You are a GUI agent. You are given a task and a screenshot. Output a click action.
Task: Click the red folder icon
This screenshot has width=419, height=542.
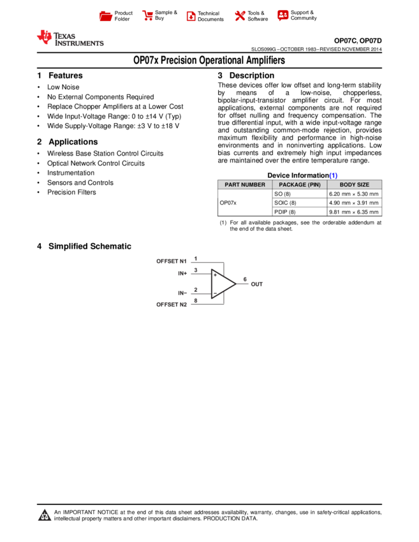point(106,16)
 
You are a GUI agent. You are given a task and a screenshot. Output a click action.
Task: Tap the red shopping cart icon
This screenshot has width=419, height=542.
point(148,16)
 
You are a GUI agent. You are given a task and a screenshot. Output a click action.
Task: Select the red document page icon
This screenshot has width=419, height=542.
point(191,16)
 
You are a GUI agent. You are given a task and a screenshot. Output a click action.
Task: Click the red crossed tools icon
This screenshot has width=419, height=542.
point(240,16)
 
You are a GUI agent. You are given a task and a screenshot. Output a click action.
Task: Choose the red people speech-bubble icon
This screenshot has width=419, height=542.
point(283,15)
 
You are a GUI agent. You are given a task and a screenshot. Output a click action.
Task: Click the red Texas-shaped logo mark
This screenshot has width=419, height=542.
point(45,37)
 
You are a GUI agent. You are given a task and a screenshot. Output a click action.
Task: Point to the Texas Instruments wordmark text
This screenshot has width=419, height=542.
point(78,40)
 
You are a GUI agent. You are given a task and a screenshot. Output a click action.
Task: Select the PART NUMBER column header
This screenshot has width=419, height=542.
point(245,185)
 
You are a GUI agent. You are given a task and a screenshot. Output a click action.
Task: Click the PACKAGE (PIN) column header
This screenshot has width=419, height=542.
point(300,185)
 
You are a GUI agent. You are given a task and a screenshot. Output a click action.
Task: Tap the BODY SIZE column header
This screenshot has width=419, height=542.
point(355,185)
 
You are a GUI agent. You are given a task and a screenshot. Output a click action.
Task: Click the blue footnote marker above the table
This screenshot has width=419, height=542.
point(333,175)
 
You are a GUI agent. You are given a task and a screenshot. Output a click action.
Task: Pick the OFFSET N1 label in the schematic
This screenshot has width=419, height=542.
point(172,261)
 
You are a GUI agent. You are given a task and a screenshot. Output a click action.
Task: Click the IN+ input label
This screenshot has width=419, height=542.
point(182,274)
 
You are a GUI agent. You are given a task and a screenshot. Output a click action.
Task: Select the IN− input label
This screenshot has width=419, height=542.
point(182,293)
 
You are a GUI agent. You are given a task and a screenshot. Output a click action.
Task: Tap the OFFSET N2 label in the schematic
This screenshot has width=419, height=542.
point(172,305)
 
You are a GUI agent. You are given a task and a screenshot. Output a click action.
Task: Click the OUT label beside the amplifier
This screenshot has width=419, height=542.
point(256,284)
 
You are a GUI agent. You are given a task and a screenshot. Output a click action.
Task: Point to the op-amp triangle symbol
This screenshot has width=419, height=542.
point(223,284)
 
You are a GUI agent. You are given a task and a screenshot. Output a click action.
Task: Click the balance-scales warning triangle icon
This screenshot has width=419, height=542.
point(45,515)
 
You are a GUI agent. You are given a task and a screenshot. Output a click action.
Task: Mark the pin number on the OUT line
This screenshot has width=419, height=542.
point(244,279)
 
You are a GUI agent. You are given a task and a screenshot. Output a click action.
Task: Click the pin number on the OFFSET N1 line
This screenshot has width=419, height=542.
point(195,258)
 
